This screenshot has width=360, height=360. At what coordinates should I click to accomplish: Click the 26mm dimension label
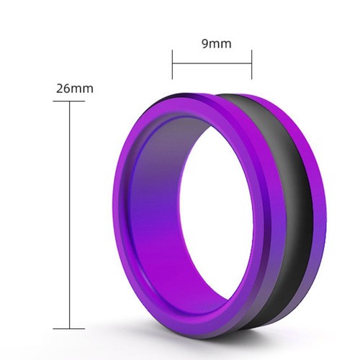(75, 89)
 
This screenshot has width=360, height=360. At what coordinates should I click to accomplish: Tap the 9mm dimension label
(217, 44)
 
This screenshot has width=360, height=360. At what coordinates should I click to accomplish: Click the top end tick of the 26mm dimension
(69, 101)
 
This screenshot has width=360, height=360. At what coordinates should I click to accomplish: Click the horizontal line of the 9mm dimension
(212, 63)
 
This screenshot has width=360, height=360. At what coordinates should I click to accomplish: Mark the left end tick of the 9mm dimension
(172, 64)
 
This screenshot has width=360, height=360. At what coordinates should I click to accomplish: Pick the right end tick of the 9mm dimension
(251, 64)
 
